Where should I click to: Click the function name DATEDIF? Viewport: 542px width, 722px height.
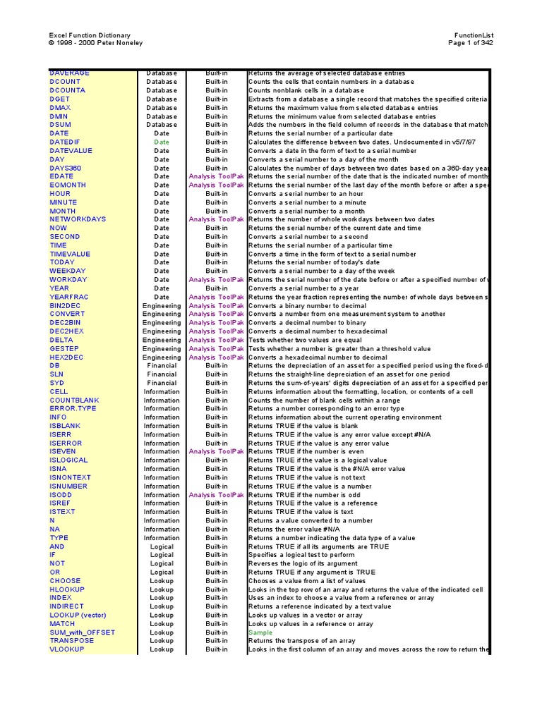tap(66, 142)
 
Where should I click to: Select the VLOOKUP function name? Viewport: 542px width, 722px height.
tap(67, 649)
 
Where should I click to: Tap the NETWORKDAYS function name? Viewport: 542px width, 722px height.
tap(78, 219)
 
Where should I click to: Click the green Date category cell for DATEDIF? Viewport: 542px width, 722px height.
tap(162, 142)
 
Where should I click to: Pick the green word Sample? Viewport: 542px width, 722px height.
tap(260, 632)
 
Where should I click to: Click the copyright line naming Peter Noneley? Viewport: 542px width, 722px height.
tap(95, 43)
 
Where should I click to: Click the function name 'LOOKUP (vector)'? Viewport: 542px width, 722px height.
tap(78, 615)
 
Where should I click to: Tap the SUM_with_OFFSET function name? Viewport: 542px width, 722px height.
tap(82, 632)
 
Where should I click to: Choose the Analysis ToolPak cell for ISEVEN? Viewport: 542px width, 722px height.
tap(216, 452)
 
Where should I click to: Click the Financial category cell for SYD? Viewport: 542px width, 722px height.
tap(162, 383)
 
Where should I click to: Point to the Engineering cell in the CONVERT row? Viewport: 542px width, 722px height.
tap(162, 314)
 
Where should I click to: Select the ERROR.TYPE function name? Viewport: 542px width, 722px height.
tap(73, 409)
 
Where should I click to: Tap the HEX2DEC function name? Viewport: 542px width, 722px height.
tap(67, 357)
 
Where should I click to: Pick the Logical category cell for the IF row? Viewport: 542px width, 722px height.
tap(162, 555)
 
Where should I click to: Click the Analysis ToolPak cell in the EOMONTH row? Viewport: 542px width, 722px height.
tap(216, 185)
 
